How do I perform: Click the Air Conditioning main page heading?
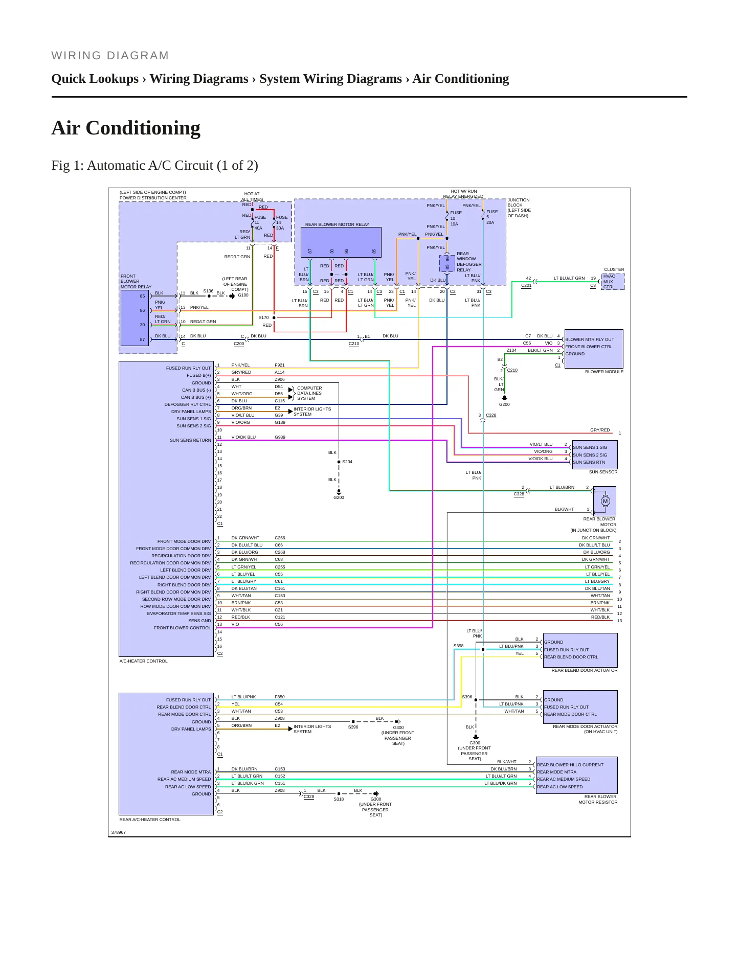pos(126,128)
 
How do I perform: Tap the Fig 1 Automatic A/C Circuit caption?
pos(154,166)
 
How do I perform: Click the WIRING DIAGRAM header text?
pos(110,56)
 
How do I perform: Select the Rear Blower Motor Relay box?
pos(341,242)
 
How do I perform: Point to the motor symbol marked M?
pos(606,501)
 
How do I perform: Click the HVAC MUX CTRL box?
pos(613,282)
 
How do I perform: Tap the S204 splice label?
pos(347,462)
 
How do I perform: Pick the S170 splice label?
pos(263,317)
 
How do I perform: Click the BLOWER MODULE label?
pos(604,372)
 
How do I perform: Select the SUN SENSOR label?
pos(603,472)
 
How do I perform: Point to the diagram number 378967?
pos(119,832)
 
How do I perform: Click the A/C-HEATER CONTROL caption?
pos(143,661)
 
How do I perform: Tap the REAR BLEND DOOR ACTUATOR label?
pos(584,670)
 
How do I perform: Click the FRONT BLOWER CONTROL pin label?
pos(182,628)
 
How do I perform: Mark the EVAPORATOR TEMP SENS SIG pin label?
pos(178,613)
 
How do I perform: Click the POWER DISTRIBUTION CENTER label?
pos(153,198)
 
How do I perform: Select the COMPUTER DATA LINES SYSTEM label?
pos(309,393)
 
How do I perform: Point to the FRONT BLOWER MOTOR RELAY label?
pos(136,281)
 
